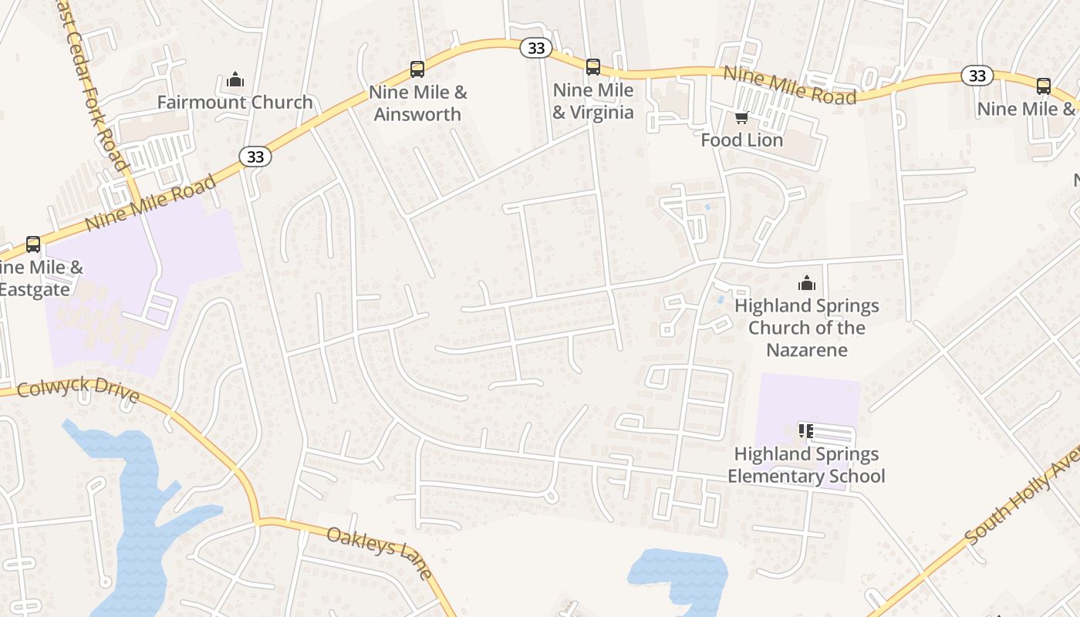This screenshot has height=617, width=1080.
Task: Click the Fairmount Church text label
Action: (235, 102)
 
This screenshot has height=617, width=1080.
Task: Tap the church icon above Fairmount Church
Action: (235, 79)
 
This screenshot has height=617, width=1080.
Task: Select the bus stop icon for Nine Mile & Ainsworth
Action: (417, 69)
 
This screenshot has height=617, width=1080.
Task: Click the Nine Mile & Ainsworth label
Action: (417, 103)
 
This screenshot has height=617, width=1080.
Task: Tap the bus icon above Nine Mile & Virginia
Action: (592, 67)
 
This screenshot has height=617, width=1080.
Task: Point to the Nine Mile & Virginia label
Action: (593, 102)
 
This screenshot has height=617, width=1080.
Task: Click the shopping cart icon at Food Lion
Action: (741, 117)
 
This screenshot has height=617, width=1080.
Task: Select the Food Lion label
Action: (741, 140)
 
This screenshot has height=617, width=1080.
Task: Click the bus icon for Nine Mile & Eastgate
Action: (33, 244)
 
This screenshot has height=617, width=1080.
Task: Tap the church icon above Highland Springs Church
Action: (806, 283)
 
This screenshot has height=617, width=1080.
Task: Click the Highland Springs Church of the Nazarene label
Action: (806, 328)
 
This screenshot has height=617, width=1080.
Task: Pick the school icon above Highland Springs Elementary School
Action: (806, 430)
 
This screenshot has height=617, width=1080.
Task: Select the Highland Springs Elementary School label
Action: (806, 465)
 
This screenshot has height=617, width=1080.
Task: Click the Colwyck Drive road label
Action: (77, 391)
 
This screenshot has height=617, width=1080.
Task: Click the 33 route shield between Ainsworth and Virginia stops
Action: (536, 48)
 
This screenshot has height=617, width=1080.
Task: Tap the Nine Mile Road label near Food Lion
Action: (790, 85)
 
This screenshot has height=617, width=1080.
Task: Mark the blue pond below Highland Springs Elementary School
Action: (679, 575)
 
